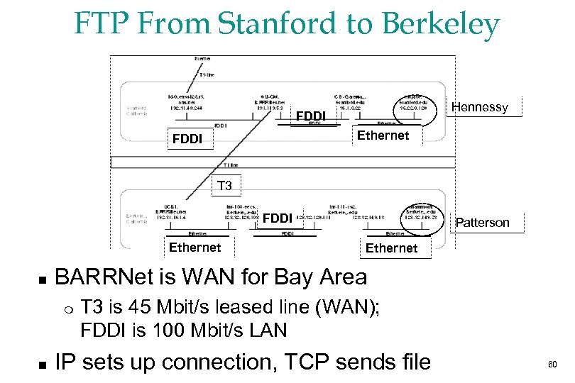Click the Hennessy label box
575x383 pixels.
(x=481, y=107)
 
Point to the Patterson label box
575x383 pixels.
(x=482, y=222)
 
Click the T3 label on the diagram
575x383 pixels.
(x=224, y=186)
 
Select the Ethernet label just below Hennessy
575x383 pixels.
(x=383, y=135)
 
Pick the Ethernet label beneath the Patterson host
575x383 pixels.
(x=391, y=248)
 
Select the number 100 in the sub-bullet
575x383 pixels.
(x=162, y=330)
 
